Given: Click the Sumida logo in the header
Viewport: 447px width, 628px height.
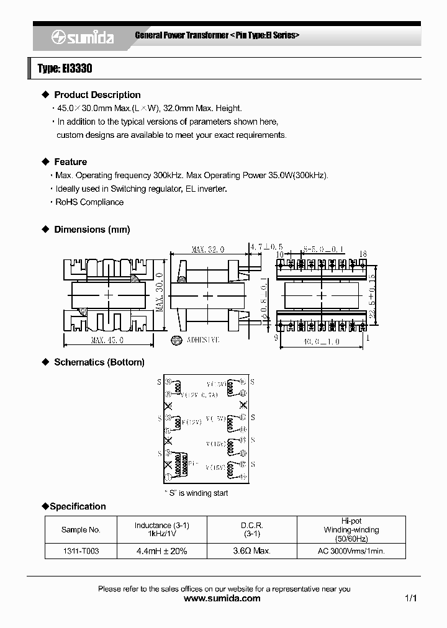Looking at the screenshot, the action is tap(83, 38).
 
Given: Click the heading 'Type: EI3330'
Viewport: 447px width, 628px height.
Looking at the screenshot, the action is tap(65, 69).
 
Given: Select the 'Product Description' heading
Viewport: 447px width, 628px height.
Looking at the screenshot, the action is tap(97, 95).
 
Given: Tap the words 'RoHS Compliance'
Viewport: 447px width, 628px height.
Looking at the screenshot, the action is tap(89, 202).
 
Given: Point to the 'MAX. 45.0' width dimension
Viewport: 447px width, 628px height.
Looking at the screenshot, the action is tap(107, 340).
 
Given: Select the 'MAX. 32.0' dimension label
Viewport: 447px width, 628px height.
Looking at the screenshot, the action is tap(207, 249).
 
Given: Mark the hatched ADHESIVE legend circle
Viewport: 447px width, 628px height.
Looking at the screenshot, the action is tap(176, 340).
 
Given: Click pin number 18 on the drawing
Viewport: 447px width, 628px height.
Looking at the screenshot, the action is tap(363, 254).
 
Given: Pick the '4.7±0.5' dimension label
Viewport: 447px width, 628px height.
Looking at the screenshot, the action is tap(266, 248).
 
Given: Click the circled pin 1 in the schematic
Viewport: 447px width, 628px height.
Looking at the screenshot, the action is tap(168, 477).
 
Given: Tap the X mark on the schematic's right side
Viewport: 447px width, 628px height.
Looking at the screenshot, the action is tap(243, 405).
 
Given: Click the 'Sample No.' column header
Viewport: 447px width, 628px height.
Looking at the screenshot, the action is tap(81, 529).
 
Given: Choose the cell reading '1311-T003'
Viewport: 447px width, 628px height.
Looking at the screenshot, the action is tap(81, 551).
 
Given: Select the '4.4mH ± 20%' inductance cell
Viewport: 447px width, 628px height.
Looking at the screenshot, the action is tap(161, 551).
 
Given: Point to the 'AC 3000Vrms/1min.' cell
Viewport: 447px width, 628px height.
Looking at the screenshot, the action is tap(351, 551).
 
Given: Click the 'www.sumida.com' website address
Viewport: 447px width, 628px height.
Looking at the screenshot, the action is tap(223, 599).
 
